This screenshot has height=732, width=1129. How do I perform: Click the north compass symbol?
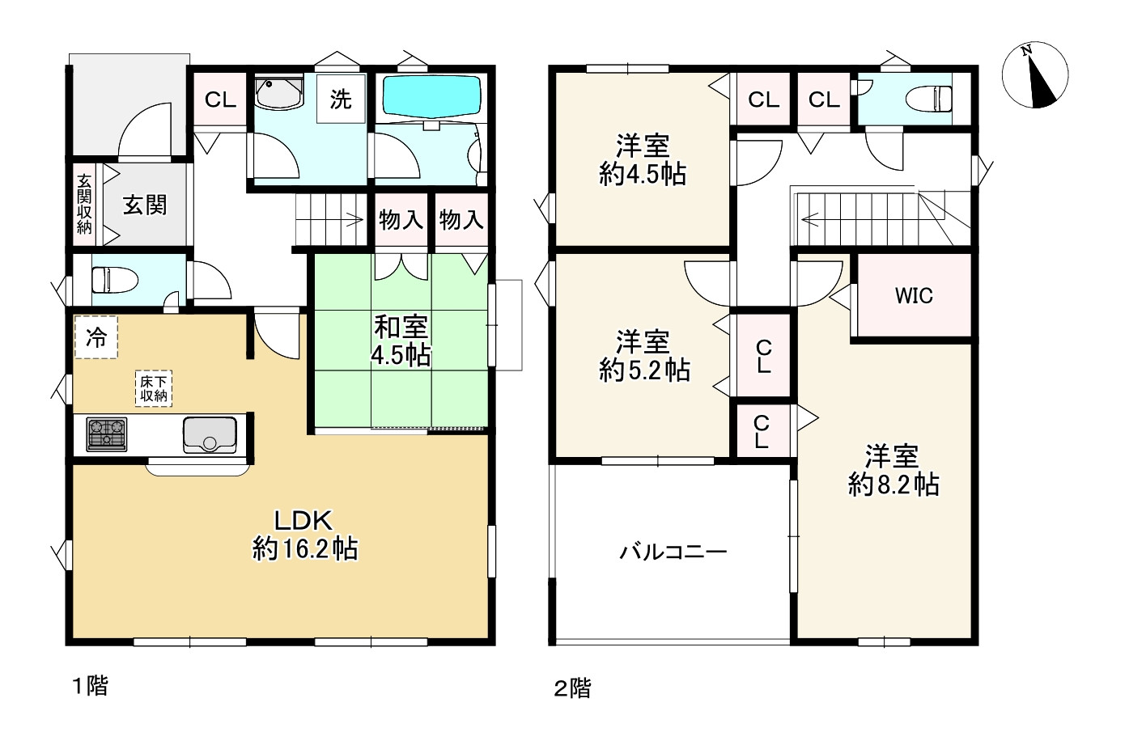(1035, 75)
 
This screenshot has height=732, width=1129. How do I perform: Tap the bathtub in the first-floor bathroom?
(431, 97)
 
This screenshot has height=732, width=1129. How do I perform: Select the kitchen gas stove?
(106, 434)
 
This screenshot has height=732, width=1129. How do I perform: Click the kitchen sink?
(209, 434)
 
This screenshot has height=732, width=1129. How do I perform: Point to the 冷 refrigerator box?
(95, 337)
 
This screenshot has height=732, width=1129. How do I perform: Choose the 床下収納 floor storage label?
(154, 388)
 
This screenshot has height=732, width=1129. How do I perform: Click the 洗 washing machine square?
(341, 99)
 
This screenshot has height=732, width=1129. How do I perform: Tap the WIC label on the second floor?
(914, 296)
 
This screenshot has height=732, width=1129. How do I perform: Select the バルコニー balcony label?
(673, 552)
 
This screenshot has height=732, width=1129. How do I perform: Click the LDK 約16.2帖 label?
(304, 535)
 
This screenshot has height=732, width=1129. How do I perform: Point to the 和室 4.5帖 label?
(401, 341)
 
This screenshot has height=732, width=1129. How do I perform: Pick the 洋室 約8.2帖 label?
(893, 471)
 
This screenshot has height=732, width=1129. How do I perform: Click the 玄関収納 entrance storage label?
(84, 204)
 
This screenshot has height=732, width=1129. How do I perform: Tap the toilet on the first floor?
(115, 280)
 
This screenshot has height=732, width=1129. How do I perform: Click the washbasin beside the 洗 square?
(278, 92)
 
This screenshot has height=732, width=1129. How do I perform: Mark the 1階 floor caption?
(90, 686)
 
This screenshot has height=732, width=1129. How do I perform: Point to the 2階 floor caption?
(572, 688)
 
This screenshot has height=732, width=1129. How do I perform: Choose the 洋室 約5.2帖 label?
(643, 356)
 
